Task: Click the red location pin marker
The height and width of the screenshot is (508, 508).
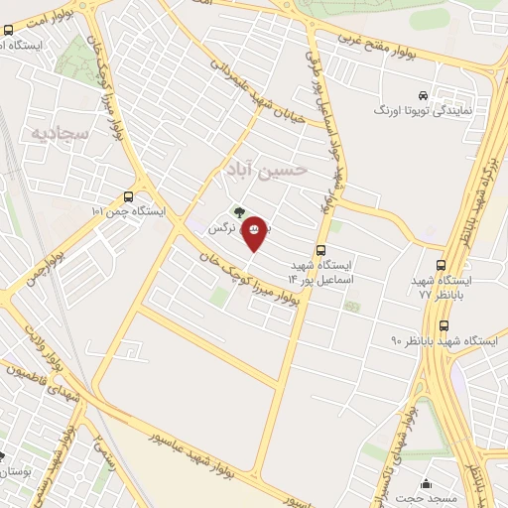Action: tap(255, 231)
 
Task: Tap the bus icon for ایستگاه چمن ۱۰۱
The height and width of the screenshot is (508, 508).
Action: tap(129, 197)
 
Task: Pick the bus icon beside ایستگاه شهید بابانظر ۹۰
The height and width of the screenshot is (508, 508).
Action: tap(444, 324)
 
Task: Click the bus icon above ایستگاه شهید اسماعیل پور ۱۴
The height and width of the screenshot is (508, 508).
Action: tap(320, 251)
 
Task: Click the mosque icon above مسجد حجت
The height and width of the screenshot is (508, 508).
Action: tap(427, 483)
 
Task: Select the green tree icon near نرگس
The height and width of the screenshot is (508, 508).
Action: tap(238, 210)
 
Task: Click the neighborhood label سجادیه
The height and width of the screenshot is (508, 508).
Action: tap(63, 132)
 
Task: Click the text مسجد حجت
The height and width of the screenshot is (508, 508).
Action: tap(427, 499)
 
